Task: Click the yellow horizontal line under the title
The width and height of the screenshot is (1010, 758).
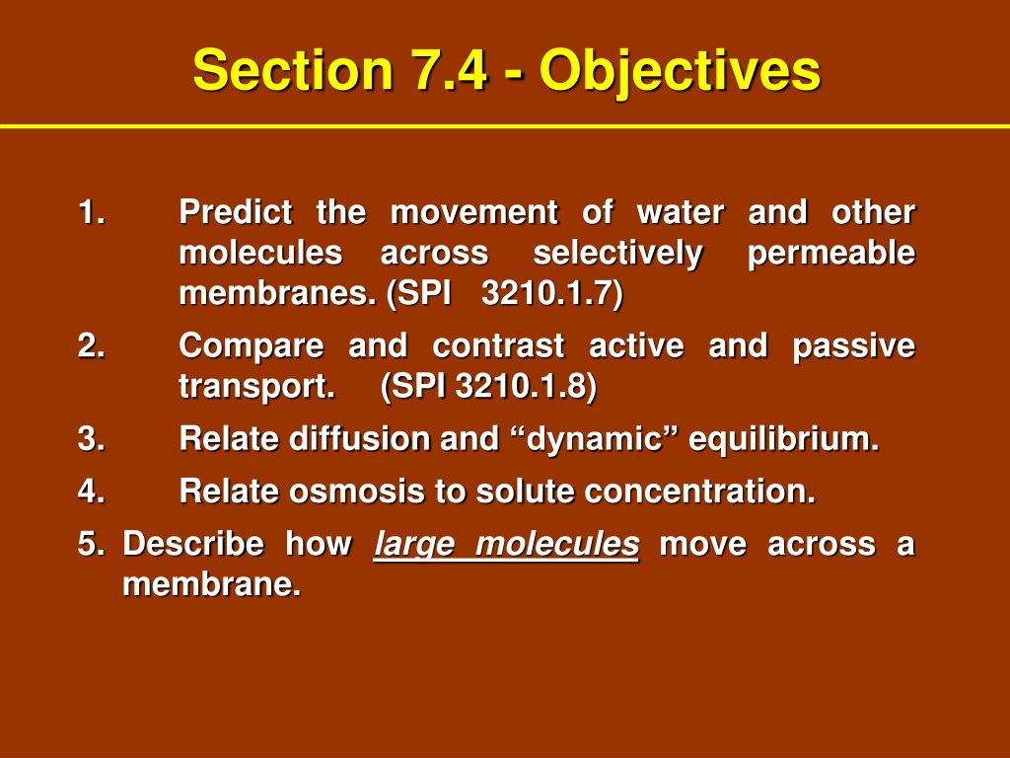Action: pyautogui.click(x=505, y=126)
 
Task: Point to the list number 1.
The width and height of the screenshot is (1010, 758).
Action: pyautogui.click(x=92, y=212)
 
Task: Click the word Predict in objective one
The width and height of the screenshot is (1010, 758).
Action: pyautogui.click(x=236, y=212)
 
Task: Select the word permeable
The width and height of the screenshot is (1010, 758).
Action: pyautogui.click(x=830, y=254)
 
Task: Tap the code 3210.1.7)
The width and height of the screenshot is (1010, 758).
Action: pyautogui.click(x=552, y=294)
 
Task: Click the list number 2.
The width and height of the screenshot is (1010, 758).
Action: pyautogui.click(x=92, y=344)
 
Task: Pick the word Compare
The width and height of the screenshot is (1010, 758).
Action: pyautogui.click(x=252, y=346)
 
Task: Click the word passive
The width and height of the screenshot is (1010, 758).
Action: pyautogui.click(x=853, y=346)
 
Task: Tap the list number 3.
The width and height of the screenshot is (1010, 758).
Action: pyautogui.click(x=92, y=438)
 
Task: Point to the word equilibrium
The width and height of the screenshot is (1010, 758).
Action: pyautogui.click(x=783, y=440)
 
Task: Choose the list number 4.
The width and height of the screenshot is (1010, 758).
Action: pyautogui.click(x=92, y=491)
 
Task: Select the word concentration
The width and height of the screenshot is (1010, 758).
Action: pyautogui.click(x=700, y=492)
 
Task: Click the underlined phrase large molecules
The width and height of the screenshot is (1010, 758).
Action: pyautogui.click(x=506, y=545)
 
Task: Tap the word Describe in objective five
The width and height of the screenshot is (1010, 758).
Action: pyautogui.click(x=193, y=544)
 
